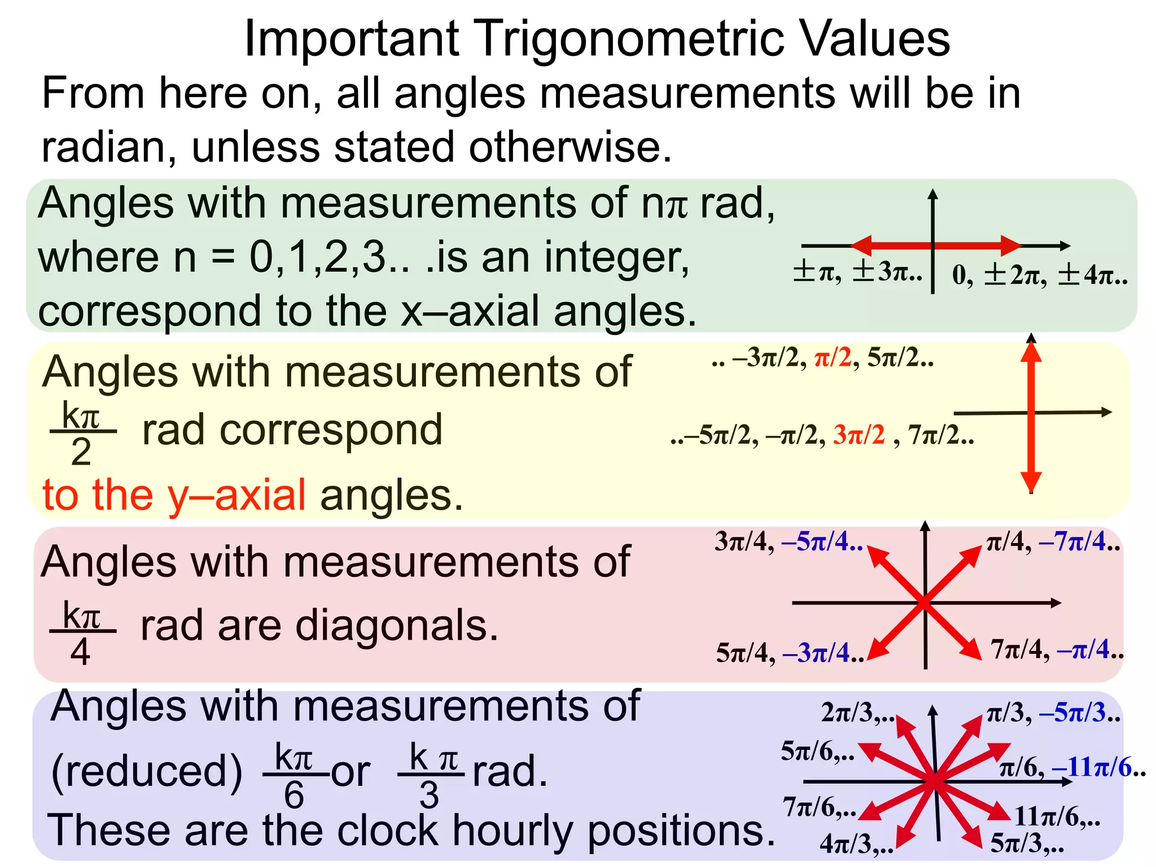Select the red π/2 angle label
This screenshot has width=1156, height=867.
(x=833, y=357)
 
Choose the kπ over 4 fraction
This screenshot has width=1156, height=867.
(x=82, y=632)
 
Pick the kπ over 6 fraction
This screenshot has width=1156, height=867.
(x=294, y=774)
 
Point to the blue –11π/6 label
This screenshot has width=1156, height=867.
(x=1097, y=768)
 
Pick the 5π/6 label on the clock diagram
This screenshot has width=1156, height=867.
(x=816, y=751)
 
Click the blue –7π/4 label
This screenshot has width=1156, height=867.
(x=1078, y=542)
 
